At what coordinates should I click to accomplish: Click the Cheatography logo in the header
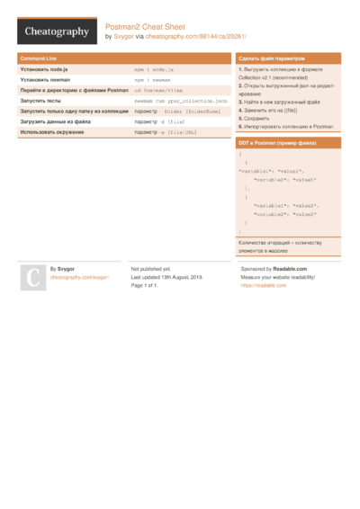[56, 31]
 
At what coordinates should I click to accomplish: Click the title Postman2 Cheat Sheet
[145, 27]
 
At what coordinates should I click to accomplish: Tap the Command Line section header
[39, 58]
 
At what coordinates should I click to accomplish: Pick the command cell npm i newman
[152, 79]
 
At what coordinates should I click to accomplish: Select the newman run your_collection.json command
[181, 101]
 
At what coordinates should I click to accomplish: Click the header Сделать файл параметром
[272, 58]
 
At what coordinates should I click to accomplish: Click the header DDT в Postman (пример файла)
[276, 143]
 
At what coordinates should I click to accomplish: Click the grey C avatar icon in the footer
[31, 278]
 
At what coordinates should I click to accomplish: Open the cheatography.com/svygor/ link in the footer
[79, 278]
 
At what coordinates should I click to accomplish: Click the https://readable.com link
[263, 285]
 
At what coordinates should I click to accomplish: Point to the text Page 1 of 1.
[145, 285]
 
